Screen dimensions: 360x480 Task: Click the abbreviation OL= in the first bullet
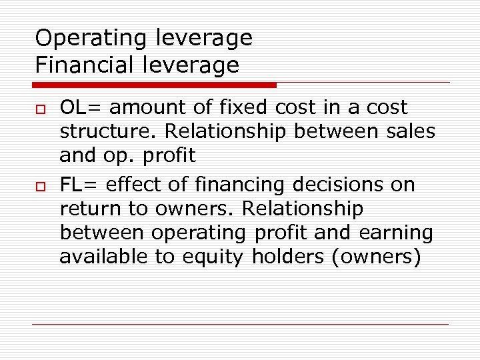pos(81,107)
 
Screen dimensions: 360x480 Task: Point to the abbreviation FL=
pos(79,184)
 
